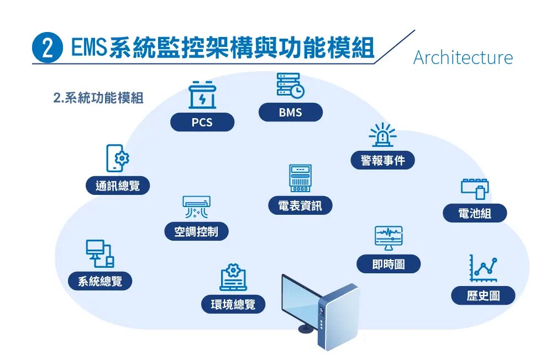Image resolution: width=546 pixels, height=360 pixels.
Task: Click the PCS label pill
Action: [202, 123]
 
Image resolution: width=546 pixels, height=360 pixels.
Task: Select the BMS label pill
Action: [290, 113]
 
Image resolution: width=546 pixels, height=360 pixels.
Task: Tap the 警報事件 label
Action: [383, 161]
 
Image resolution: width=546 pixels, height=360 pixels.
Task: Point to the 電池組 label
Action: [475, 213]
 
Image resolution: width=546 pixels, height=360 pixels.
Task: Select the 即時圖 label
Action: [389, 264]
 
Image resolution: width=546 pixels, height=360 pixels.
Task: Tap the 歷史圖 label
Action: [483, 295]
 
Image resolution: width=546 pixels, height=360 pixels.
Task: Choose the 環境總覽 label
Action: [233, 304]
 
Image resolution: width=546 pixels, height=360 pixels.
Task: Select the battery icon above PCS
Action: [202, 95]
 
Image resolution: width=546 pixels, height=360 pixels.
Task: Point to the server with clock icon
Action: [290, 86]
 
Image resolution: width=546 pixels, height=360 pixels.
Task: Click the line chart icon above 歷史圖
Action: [483, 268]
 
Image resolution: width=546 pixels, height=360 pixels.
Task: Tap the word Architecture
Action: [463, 57]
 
